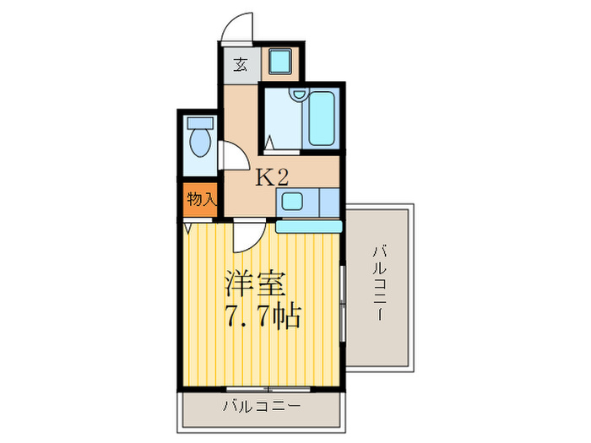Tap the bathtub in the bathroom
(x=321, y=119)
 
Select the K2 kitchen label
(x=273, y=177)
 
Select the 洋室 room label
(x=256, y=283)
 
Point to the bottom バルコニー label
(x=261, y=407)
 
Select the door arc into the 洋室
(x=247, y=235)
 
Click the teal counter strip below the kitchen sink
(x=307, y=225)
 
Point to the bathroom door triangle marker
(x=268, y=143)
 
